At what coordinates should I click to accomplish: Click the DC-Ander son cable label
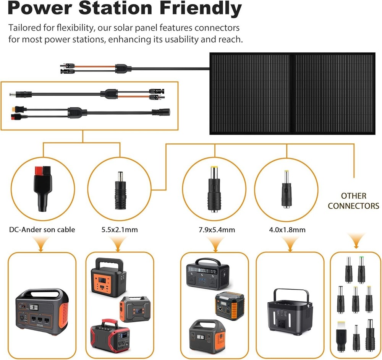click(42, 230)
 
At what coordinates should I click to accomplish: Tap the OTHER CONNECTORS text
click(353, 201)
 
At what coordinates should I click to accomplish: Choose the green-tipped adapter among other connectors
click(361, 270)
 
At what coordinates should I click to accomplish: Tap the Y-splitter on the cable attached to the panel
click(123, 69)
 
